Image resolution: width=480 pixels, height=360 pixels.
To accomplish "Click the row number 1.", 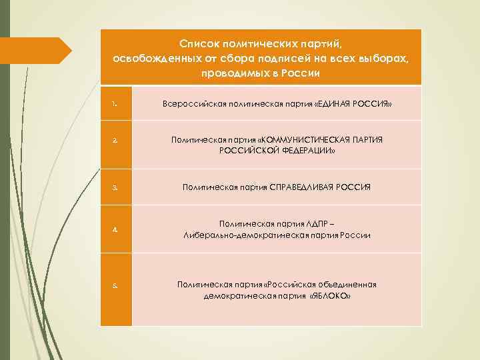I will tap(115, 104).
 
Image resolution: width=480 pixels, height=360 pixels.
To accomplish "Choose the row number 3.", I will tap(115, 188).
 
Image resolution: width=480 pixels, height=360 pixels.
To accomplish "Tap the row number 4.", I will tap(115, 229).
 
